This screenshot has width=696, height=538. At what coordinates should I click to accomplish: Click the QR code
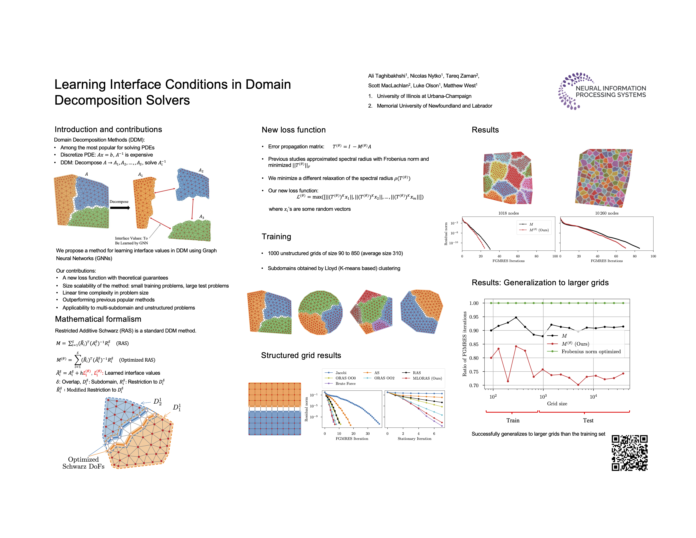[x=629, y=453]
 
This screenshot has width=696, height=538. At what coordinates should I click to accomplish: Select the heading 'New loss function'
[x=294, y=130]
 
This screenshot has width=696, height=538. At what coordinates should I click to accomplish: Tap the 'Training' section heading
[x=276, y=237]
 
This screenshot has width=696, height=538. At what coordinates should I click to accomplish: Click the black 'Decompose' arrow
[x=120, y=208]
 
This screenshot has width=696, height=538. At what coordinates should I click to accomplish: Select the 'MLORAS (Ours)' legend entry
[x=427, y=378]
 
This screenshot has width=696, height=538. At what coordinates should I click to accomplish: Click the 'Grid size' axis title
[x=557, y=403]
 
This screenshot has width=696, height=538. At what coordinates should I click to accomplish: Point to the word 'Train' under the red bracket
[x=513, y=420]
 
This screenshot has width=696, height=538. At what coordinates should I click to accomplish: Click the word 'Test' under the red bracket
[x=588, y=420]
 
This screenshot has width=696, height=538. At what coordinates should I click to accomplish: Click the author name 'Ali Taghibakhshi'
[x=387, y=76]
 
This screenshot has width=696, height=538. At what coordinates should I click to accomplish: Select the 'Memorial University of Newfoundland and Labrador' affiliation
[x=434, y=106]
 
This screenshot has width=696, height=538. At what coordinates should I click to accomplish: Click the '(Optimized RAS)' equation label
[x=137, y=360]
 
